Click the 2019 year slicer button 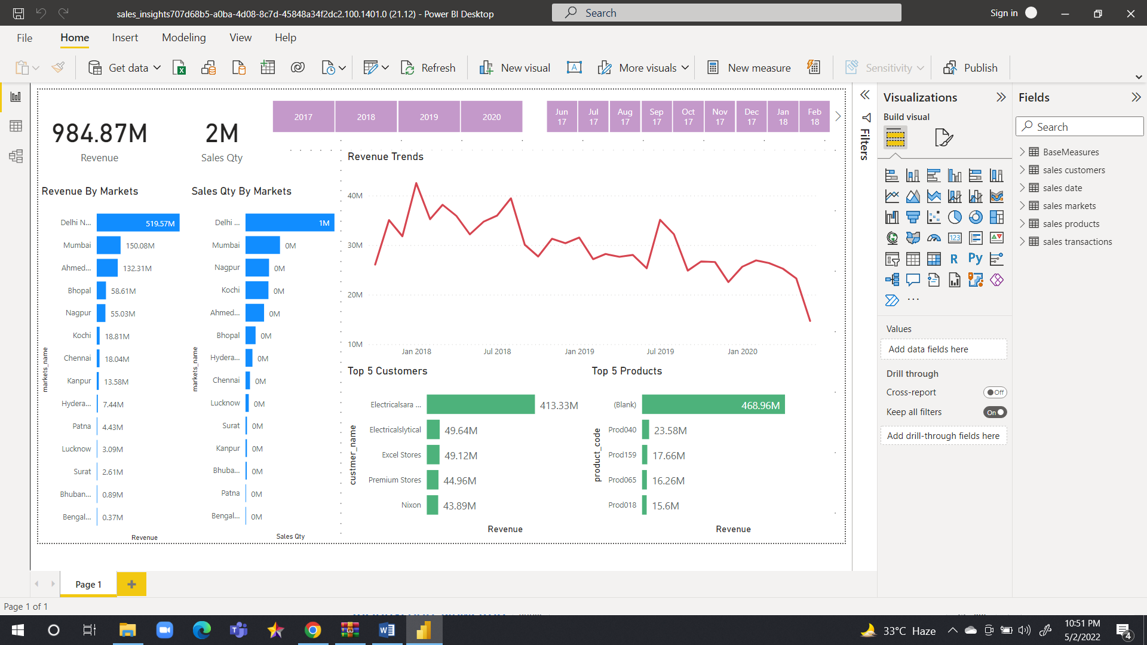[429, 117]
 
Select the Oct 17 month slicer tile [688, 117]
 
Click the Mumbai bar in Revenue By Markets [109, 245]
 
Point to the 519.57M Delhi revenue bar [138, 223]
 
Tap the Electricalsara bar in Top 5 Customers [480, 404]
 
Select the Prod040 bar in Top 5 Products [645, 430]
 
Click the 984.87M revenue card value [100, 134]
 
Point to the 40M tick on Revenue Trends [355, 196]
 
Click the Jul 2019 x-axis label [660, 351]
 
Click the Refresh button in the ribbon [428, 67]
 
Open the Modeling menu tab [183, 38]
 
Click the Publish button [970, 67]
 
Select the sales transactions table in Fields [1077, 242]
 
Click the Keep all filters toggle [995, 412]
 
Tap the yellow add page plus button [131, 584]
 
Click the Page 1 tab [88, 584]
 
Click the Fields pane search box [1080, 127]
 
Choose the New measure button [749, 67]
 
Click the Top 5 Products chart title [627, 371]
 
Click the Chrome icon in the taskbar [312, 630]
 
